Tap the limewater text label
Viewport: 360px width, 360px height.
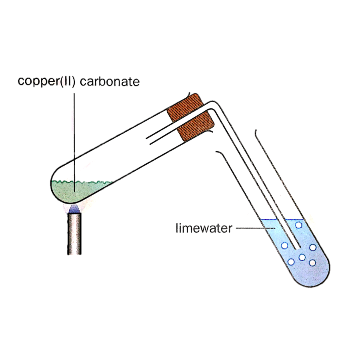point(204,229)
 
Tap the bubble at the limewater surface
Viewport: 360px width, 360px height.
point(298,225)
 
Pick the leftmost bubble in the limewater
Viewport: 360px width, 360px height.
point(285,245)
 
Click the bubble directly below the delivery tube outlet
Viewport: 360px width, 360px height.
point(302,257)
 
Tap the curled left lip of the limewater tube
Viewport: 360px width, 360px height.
point(217,152)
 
